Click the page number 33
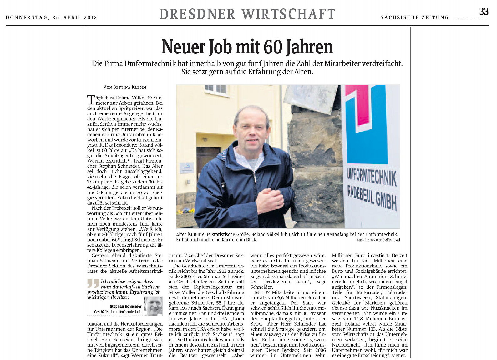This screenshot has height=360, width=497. tap(484, 12)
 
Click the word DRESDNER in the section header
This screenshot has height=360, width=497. tap(197, 14)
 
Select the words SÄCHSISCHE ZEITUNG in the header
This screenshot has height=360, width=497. tap(414, 18)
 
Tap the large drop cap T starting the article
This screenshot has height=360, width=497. tap(91, 100)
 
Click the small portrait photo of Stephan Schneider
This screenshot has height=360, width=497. tap(153, 306)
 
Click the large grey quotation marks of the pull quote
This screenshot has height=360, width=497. tap(93, 283)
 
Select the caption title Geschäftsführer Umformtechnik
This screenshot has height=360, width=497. tap(118, 312)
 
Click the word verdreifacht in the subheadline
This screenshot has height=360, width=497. tap(382, 63)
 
